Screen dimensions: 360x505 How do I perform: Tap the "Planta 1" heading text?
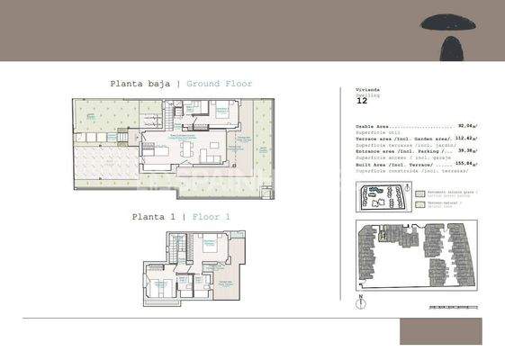152,216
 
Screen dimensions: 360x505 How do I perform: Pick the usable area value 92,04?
465,126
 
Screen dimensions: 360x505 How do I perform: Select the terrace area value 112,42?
464,139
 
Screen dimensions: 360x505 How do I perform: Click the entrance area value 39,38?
465,151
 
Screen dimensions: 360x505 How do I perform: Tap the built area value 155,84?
464,164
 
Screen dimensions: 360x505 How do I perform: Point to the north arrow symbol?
359,298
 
